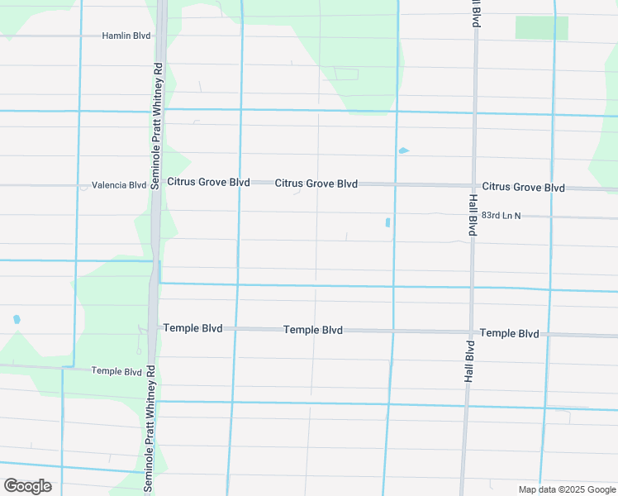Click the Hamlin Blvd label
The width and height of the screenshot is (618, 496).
126,36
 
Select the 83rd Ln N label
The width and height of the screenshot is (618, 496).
502,215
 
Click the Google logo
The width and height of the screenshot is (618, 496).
27,485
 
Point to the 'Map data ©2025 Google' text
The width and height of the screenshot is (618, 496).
566,489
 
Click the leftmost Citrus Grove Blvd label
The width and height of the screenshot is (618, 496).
208,182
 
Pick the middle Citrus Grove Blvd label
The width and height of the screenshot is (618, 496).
316,184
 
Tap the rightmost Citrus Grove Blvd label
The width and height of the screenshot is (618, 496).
524,188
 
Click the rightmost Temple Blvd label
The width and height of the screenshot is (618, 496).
510,333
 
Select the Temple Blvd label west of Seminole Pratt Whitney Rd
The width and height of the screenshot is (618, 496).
116,372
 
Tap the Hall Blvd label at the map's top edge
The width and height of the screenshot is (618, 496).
477,13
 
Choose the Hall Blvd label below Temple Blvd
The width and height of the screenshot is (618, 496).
468,360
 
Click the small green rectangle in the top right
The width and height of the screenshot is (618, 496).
541,28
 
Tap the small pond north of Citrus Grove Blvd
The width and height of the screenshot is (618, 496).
403,150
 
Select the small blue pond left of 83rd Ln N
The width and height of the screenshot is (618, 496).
387,222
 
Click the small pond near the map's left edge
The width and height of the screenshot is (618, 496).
17,319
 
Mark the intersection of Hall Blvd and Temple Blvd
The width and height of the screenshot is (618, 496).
470,331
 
